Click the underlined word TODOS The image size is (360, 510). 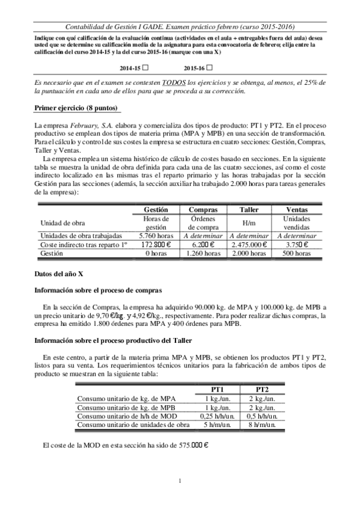click(175, 82)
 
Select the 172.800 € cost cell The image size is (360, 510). click(156, 245)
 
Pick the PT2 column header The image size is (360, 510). click(263, 389)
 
